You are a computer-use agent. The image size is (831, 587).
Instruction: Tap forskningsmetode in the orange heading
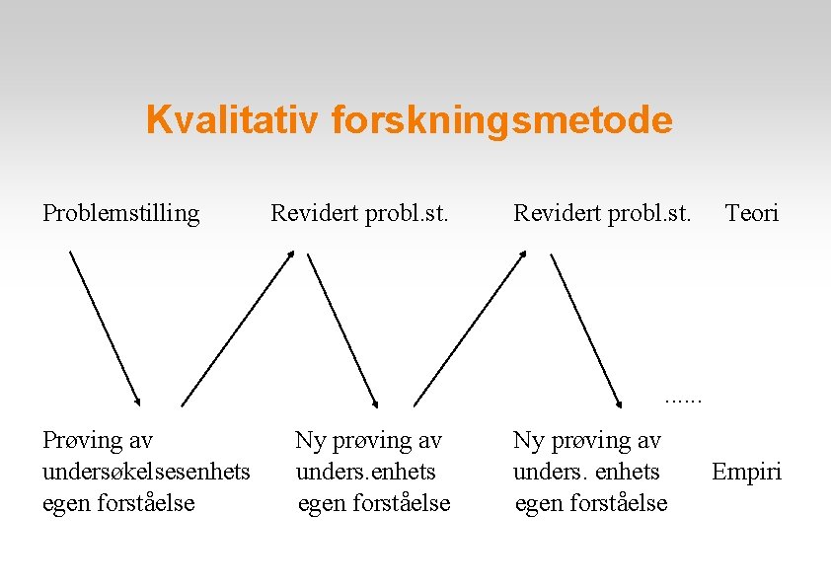pyautogui.click(x=502, y=120)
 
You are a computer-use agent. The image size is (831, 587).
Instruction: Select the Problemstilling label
pyautogui.click(x=120, y=212)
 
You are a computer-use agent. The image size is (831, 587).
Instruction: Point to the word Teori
pyautogui.click(x=751, y=212)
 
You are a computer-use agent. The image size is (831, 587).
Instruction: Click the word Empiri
pyautogui.click(x=746, y=472)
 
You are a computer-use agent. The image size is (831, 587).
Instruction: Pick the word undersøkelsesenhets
pyautogui.click(x=146, y=472)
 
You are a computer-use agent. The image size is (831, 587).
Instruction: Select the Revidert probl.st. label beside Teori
pyautogui.click(x=602, y=212)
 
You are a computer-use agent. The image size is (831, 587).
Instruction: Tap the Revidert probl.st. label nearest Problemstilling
pyautogui.click(x=359, y=212)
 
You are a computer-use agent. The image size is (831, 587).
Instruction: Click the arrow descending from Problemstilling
pyautogui.click(x=105, y=328)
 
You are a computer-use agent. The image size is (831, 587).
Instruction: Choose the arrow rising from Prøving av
pyautogui.click(x=238, y=328)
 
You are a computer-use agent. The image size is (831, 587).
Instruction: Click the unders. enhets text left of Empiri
pyautogui.click(x=586, y=472)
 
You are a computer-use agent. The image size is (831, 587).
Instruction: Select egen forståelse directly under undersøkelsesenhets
pyautogui.click(x=118, y=503)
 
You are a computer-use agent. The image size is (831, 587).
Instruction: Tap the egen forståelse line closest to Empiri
pyautogui.click(x=591, y=503)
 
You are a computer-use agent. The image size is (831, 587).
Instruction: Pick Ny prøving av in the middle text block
pyautogui.click(x=368, y=440)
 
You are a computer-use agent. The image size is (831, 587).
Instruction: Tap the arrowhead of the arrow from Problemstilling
pyautogui.click(x=137, y=401)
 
